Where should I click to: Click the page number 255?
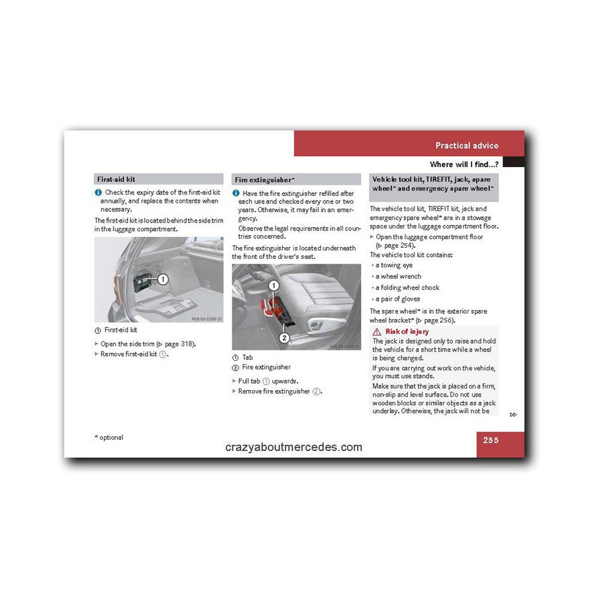pos(491,440)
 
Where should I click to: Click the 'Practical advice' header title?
pos(466,146)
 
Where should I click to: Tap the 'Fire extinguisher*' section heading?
pos(264,179)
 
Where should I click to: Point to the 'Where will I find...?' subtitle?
pos(464,164)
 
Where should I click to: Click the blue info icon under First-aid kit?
pos(98,192)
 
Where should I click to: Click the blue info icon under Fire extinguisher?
pos(236,193)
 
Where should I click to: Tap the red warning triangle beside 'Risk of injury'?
pos(377,331)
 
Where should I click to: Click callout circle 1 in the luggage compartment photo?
pos(162,279)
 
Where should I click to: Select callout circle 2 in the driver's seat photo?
pos(284,338)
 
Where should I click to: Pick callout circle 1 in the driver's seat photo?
pos(273,286)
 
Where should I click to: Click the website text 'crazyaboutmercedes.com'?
pos(293,447)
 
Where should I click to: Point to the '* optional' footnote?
pos(109,437)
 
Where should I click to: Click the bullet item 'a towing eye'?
pos(393,266)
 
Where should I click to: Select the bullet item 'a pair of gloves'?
pos(397,299)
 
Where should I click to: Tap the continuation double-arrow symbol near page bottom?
pos(513,415)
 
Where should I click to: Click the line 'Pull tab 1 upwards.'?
pos(268,381)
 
